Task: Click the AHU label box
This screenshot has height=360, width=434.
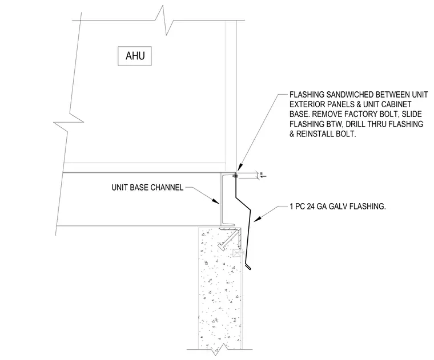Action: [x=135, y=56]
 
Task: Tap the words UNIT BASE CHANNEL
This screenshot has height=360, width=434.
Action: [x=147, y=188]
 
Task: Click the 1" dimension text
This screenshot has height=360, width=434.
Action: [x=263, y=175]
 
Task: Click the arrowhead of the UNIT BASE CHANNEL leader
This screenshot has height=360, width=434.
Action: [x=216, y=201]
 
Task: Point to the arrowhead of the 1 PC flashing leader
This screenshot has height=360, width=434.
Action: [x=258, y=219]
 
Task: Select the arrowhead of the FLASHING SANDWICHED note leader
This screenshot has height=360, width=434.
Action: [x=240, y=167]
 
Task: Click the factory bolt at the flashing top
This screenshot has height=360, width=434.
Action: [x=235, y=175]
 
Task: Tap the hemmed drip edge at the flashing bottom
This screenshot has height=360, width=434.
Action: [x=248, y=266]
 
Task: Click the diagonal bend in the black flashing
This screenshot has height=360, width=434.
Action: [x=243, y=204]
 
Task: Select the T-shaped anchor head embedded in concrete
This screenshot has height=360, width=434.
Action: [x=222, y=246]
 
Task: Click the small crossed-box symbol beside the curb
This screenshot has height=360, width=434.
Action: [x=237, y=253]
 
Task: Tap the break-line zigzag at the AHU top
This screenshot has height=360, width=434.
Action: [x=164, y=20]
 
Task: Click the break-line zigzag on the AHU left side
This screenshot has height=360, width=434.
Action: [x=69, y=122]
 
